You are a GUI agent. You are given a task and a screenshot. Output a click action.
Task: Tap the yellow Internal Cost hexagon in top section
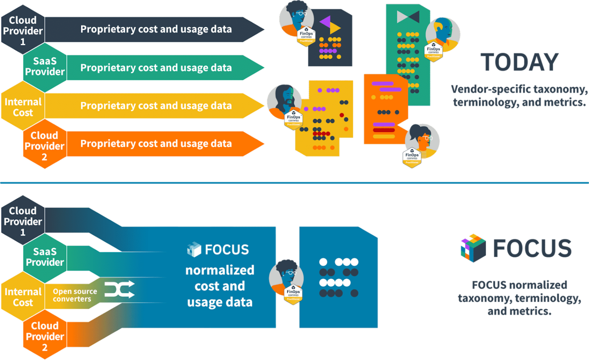pos(23,107)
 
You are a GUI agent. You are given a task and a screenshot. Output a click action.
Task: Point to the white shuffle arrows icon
pos(119,290)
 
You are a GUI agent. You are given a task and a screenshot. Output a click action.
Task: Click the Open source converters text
pos(75,295)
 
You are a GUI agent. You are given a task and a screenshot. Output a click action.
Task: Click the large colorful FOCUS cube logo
pos(473,248)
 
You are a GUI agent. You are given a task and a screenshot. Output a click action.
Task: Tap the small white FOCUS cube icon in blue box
pos(194,250)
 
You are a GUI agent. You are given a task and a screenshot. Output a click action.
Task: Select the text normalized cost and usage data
pos(219,285)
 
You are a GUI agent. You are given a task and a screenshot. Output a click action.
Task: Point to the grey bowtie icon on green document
pos(408,17)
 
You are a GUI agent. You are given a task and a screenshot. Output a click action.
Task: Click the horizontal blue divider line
pos(294,183)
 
